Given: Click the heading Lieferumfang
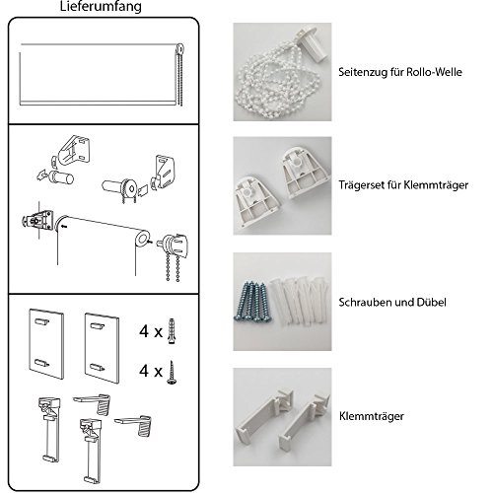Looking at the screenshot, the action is tap(101, 7).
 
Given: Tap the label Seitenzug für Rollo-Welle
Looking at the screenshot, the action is tap(400, 72).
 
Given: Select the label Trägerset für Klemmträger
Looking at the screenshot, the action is tap(403, 185).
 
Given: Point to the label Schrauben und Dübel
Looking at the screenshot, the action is tap(392, 302).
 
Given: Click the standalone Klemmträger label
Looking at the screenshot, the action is tap(372, 416).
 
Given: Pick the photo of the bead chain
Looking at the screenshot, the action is tap(282, 72).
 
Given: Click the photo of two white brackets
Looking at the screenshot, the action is tap(282, 185).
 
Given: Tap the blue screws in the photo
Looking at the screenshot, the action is tap(251, 301).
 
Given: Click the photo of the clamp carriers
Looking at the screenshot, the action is tap(282, 417).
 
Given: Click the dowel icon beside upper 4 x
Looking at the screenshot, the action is tap(172, 331).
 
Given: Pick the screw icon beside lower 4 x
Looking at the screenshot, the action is tap(171, 373).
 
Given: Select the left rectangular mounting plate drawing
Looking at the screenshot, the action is tap(46, 344).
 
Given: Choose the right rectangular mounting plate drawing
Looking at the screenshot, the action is tap(102, 348).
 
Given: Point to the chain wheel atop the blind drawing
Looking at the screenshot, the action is tap(179, 49).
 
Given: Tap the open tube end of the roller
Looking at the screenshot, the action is tap(143, 239).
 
